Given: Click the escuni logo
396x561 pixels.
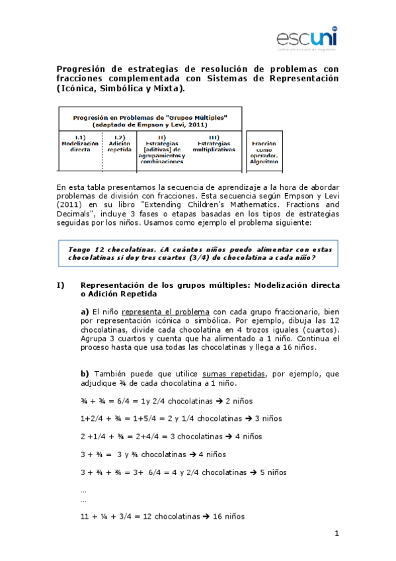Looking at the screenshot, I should pos(307,38).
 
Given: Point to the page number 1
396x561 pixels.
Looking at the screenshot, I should pos(337,533).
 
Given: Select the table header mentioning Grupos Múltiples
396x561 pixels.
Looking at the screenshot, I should pos(149,120).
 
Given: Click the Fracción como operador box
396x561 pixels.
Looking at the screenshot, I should pos(264,152).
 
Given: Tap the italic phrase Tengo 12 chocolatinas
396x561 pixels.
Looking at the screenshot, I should pos(106,249).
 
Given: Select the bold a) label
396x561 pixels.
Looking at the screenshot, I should pos(85,311).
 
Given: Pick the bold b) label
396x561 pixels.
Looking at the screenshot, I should pos(85,374).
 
